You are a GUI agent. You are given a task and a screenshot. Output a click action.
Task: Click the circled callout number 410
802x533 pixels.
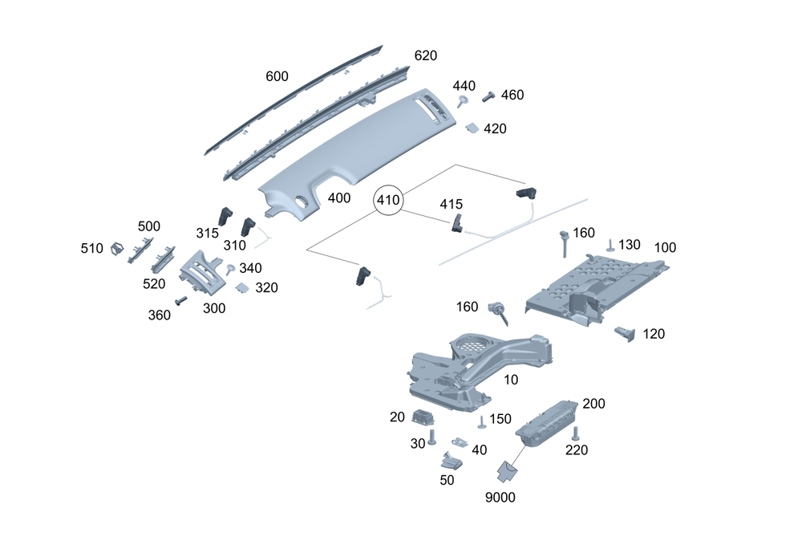coord(388,201)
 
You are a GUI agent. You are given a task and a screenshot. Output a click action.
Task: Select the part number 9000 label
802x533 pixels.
coord(500,497)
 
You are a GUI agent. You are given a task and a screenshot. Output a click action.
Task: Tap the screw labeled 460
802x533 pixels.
coord(488,97)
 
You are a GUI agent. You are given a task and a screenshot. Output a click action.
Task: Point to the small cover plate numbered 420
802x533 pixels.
coord(473,127)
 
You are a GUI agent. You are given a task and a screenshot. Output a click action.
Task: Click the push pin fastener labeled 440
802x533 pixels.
coord(463,100)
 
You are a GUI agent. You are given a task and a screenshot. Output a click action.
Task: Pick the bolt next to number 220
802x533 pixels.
coord(574,434)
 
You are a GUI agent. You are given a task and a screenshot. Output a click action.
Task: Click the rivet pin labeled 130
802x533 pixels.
coord(610,245)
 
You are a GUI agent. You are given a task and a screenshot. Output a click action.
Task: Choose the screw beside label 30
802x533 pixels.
coord(432,436)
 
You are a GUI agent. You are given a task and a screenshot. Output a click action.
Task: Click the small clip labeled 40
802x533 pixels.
coord(460,443)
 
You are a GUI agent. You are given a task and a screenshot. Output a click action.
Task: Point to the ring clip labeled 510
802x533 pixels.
coord(115,249)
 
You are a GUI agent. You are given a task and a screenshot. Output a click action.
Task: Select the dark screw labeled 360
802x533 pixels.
coord(181,300)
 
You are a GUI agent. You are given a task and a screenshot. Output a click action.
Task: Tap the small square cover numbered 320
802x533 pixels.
coord(242,287)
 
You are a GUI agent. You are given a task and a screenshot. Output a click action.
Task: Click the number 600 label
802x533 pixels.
coord(277,76)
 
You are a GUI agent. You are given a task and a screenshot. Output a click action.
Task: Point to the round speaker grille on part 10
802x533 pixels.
coord(473,345)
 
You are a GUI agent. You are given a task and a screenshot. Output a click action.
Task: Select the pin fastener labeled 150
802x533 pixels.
coord(481,422)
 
